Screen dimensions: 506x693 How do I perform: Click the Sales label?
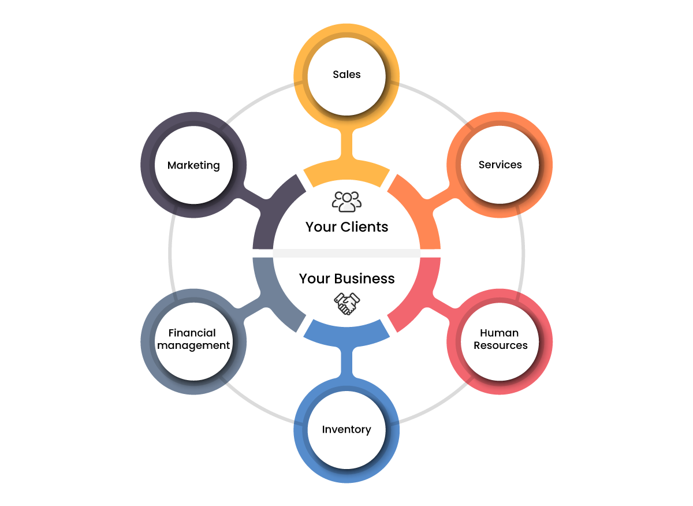pyautogui.click(x=346, y=75)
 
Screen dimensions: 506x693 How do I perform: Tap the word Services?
pyautogui.click(x=500, y=165)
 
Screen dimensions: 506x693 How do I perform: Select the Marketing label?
pyautogui.click(x=193, y=165)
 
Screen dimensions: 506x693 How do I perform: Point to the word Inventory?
pyautogui.click(x=346, y=429)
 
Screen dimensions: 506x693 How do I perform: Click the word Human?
pyautogui.click(x=500, y=333)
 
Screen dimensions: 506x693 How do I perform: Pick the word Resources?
pyautogui.click(x=501, y=345)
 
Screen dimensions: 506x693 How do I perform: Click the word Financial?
pyautogui.click(x=192, y=333)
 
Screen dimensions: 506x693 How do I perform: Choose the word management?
pyautogui.click(x=193, y=345)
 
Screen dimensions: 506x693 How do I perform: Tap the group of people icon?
pyautogui.click(x=347, y=201)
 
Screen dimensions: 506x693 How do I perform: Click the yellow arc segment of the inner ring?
pyautogui.click(x=346, y=174)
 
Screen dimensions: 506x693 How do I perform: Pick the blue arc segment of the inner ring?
pyautogui.click(x=346, y=333)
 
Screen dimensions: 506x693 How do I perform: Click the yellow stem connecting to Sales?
pyautogui.click(x=346, y=144)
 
